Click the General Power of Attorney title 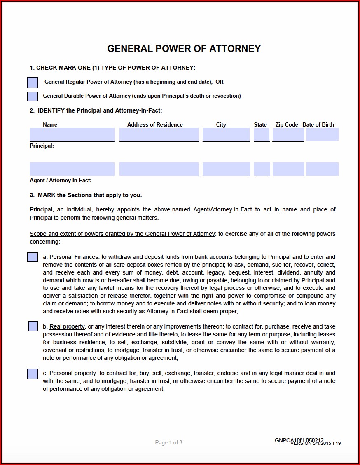pos(184,49)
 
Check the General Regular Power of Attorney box pos(33,82)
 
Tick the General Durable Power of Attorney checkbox pos(33,96)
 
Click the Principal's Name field pos(72,134)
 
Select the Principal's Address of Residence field pos(159,134)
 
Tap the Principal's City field pos(226,134)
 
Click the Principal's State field pos(262,134)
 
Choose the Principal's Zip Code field pos(288,134)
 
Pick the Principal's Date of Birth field pos(322,134)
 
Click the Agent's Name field pos(72,169)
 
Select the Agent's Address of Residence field pos(159,169)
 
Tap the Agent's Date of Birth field pos(322,169)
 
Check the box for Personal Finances pos(33,257)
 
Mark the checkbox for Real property pos(33,326)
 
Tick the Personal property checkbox pos(33,374)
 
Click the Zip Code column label pos(287,124)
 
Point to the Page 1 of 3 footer pos(168,442)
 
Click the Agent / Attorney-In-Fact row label pos(61,181)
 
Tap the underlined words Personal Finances pos(74,257)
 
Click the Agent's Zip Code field pos(288,169)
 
